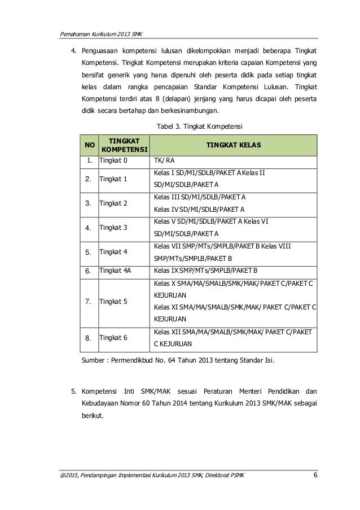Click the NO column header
point(89,146)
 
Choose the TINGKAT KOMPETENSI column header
point(124,146)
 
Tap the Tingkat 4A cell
point(115,271)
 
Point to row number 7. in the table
point(89,302)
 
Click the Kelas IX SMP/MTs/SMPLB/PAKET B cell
point(205,271)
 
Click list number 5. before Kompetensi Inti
point(73,390)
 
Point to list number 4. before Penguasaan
point(73,50)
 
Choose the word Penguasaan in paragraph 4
point(103,50)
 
